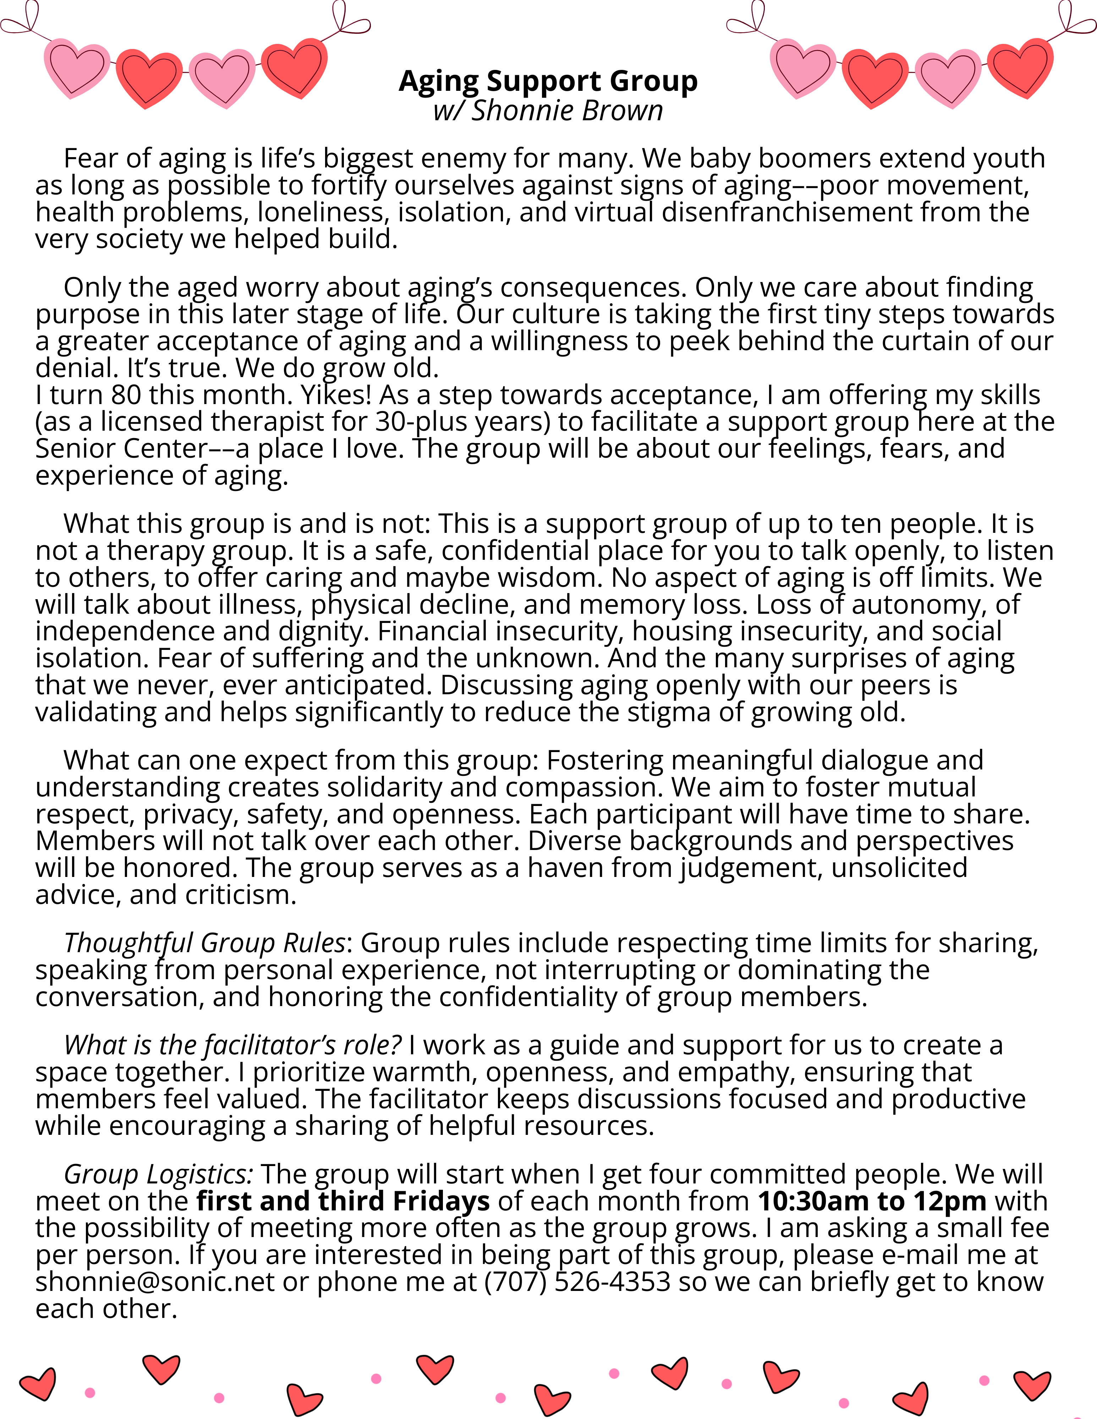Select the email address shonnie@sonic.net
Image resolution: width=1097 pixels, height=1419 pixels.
coord(155,1282)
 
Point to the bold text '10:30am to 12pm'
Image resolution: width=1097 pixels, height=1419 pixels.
coord(872,1201)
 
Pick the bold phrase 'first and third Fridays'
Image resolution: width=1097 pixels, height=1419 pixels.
coord(343,1201)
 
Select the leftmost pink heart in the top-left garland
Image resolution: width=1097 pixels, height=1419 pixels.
coord(77,68)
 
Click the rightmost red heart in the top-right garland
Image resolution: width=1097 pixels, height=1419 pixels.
coord(1020,68)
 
